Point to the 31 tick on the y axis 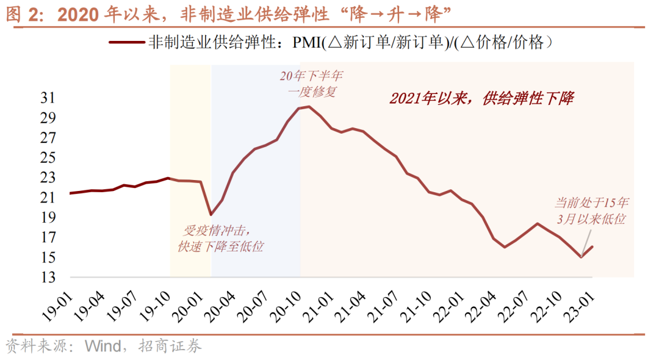pyautogui.click(x=48, y=98)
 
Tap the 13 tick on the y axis pyautogui.click(x=48, y=278)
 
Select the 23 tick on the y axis pyautogui.click(x=48, y=178)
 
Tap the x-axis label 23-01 pyautogui.click(x=585, y=301)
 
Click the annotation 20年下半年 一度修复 pyautogui.click(x=311, y=84)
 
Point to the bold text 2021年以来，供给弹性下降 pyautogui.click(x=481, y=99)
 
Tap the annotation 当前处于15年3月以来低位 pyautogui.click(x=590, y=210)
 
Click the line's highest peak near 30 pyautogui.click(x=309, y=107)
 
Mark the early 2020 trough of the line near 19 pyautogui.click(x=211, y=214)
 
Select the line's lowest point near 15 pyautogui.click(x=582, y=257)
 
